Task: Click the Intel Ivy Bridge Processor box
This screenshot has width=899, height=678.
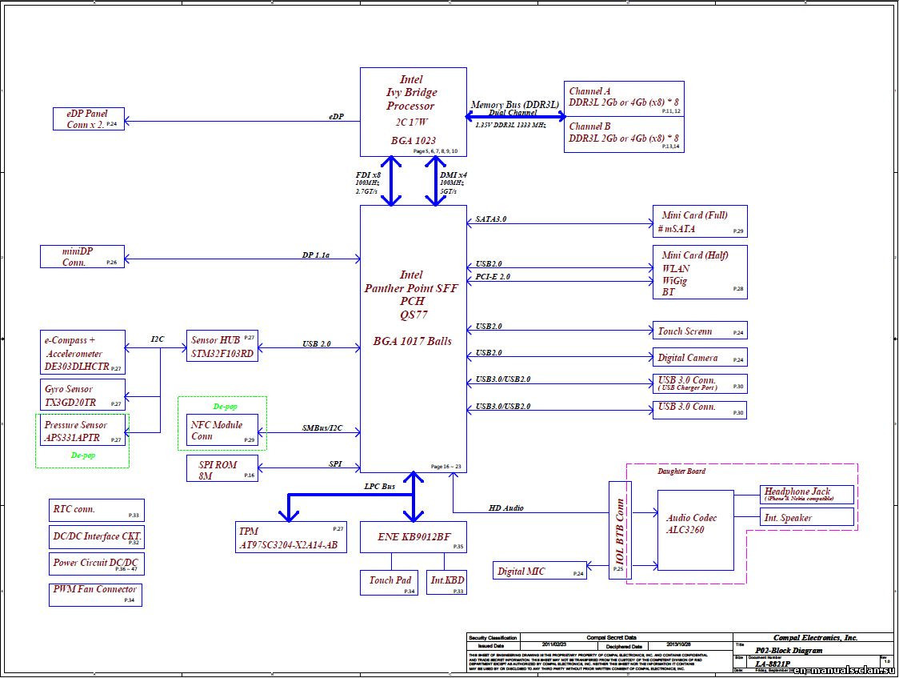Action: [x=411, y=111]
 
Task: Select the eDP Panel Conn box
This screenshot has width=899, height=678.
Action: [x=89, y=118]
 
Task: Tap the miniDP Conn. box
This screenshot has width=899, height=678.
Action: [x=82, y=256]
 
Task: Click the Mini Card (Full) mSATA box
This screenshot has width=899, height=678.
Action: [x=700, y=222]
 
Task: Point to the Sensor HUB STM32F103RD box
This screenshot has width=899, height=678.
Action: [x=222, y=346]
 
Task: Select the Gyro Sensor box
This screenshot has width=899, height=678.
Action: [x=83, y=395]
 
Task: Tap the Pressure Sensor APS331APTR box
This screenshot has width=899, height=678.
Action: [x=82, y=431]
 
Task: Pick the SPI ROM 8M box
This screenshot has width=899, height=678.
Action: [x=223, y=469]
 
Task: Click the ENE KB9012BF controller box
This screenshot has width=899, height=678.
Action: [x=413, y=537]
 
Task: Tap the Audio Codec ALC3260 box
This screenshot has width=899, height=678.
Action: [x=695, y=530]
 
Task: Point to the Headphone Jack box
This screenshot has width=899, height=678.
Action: [x=806, y=494]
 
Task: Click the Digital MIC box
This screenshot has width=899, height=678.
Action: [x=539, y=571]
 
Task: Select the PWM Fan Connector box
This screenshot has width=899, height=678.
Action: [x=95, y=594]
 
